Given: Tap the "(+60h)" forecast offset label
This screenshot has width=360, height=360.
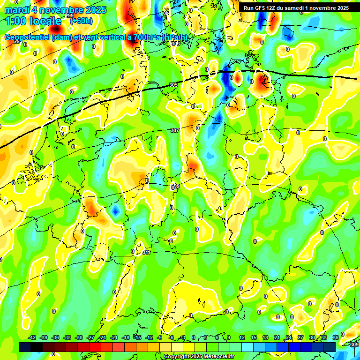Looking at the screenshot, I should point(81,21).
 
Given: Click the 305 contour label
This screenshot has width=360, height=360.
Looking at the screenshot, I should point(173,85).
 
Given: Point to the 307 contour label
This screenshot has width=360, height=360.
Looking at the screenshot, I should point(175,130).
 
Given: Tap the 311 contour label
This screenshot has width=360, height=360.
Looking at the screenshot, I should point(146,253).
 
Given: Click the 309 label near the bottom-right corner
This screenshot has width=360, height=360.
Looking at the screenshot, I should point(354,345).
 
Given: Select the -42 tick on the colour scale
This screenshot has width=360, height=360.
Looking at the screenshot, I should point(32,337).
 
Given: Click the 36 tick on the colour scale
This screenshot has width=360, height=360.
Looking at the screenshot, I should point(336,337).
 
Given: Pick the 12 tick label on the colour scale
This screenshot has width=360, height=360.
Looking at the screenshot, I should point(241,337).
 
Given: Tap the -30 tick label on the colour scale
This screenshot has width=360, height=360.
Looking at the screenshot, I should point(79,337).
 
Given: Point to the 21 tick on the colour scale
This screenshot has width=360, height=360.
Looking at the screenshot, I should point(277,337).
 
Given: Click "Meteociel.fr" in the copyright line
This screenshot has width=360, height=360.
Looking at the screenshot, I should point(218,357).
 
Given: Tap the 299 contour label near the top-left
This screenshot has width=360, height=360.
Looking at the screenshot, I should point(70,29).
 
